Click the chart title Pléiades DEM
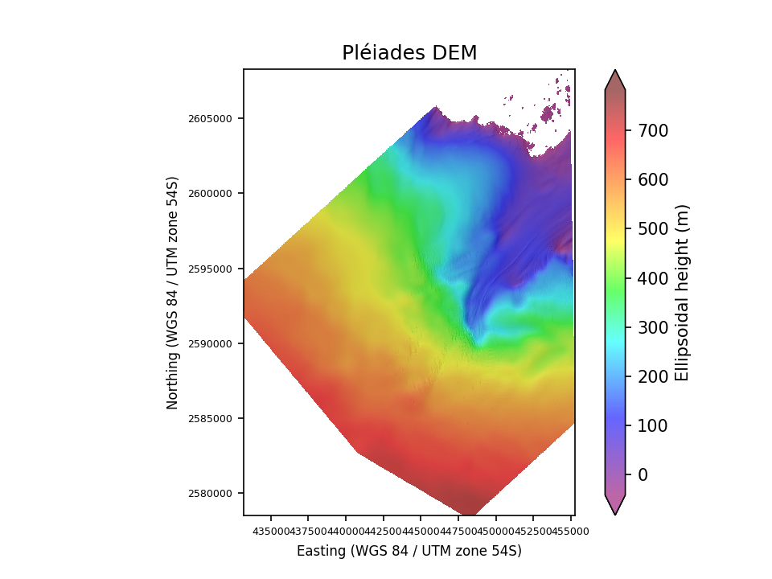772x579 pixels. pos(409,53)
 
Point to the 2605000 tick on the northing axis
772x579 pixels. pos(211,119)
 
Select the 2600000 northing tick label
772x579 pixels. pos(211,194)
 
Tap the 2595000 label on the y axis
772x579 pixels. pos(211,269)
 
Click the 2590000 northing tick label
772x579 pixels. pos(211,344)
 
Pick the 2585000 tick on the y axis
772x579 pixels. pos(211,419)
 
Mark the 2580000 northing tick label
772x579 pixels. pos(211,494)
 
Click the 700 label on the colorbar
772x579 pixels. pos(652,130)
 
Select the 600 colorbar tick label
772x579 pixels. pos(652,179)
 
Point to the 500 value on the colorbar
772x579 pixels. pos(652,228)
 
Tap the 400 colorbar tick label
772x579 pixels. pos(652,278)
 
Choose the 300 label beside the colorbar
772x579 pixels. pos(652,327)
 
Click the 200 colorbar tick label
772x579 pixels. pos(652,376)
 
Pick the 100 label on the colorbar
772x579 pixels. pos(652,425)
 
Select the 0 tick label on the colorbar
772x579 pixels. pos(643,474)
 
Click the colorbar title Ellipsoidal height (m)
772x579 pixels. pos(683,292)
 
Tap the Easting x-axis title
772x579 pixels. pos(409,551)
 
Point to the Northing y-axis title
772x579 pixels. pos(173,292)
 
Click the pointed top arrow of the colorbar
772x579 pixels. pos(615,78)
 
